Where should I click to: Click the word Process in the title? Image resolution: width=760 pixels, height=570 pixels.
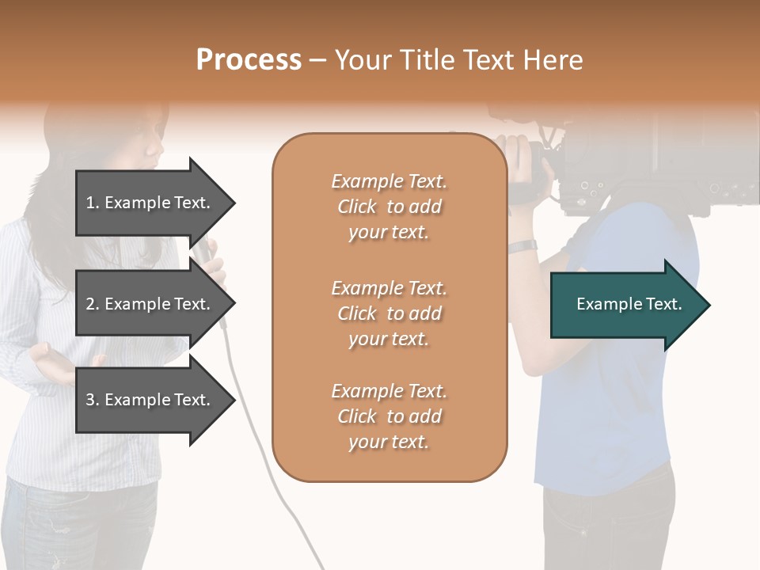coord(249,60)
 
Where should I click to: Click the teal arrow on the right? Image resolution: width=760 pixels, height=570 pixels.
coord(629,305)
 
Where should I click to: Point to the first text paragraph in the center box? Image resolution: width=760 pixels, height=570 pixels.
coord(389,207)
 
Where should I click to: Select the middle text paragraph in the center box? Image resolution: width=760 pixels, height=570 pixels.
coord(389,313)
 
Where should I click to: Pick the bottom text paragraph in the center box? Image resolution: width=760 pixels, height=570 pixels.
coord(389,416)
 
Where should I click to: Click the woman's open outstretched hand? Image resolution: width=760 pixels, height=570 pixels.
coord(55,364)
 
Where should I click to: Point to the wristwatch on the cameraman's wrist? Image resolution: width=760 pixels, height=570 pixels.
coord(522,247)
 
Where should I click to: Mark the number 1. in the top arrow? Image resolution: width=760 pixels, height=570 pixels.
coord(93,203)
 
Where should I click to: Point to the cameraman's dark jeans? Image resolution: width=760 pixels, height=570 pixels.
coord(610,522)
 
